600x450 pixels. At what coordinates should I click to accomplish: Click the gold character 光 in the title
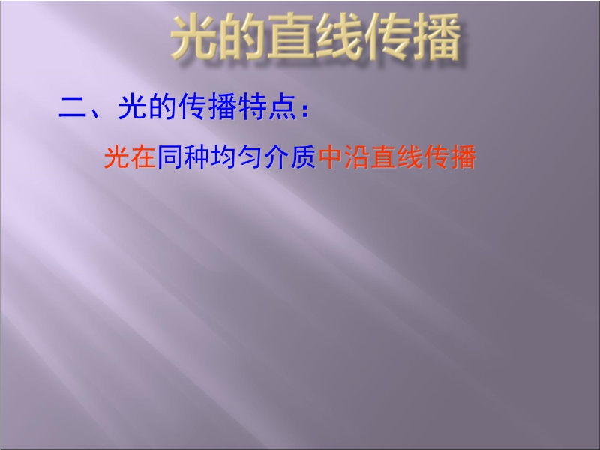click(x=194, y=37)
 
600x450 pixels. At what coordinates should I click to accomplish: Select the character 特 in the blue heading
click(x=253, y=106)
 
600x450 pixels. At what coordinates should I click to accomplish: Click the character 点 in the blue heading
click(x=283, y=106)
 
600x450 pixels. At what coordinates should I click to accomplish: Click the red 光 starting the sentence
click(x=117, y=157)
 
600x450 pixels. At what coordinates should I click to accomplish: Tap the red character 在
click(x=142, y=157)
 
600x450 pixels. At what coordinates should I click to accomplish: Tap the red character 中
click(x=331, y=157)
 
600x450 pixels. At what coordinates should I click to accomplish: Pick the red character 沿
click(x=358, y=157)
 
